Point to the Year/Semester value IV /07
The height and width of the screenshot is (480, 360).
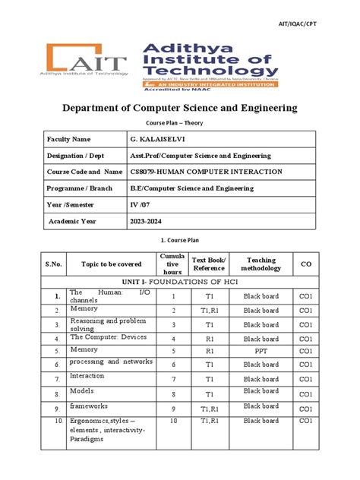coord(143,204)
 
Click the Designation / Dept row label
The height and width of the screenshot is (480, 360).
coord(83,156)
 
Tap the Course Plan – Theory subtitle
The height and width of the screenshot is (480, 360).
coord(179,123)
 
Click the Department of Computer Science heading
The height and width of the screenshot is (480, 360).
coord(179,109)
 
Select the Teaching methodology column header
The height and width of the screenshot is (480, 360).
coord(261,264)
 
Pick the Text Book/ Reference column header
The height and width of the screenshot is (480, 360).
coord(209,264)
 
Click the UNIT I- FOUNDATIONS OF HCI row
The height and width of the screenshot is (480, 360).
coord(179,281)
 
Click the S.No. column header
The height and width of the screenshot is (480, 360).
coord(55,264)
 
